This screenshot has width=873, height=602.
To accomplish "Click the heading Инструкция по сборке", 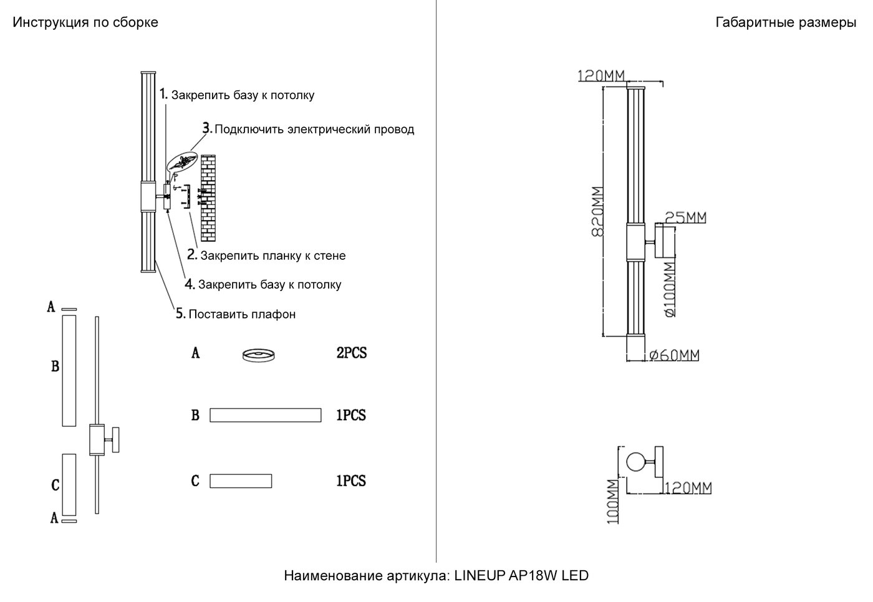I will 85,22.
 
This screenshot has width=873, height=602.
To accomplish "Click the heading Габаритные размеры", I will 786,22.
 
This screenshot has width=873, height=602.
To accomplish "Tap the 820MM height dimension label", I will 597,212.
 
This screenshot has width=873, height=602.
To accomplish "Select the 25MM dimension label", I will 685,217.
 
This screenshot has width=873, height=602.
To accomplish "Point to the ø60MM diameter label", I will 674,355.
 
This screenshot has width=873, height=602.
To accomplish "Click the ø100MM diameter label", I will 669,289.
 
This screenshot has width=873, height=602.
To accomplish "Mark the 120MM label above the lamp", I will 602,76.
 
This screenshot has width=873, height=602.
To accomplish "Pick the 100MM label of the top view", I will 613,501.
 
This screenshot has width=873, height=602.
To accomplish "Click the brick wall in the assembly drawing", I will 208,199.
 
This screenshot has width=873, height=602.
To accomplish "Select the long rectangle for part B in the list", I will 265,415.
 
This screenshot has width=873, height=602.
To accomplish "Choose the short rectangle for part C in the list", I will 241,481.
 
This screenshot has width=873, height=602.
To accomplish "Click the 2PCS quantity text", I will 352,353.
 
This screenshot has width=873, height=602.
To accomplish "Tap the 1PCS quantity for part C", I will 351,481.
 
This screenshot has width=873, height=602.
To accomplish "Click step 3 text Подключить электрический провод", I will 314,130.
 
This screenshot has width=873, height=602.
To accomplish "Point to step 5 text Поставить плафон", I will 241,314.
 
